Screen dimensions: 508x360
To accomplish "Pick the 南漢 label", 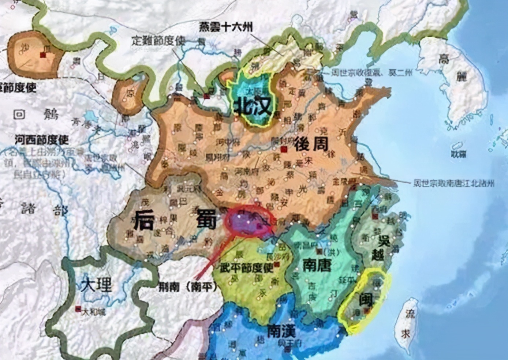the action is [281, 331].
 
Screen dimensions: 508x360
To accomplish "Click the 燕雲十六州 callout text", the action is [226, 27].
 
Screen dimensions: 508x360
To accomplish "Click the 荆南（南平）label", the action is [188, 287].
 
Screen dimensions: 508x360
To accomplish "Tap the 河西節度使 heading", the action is [42, 140].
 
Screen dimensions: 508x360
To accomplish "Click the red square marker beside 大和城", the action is [78, 309].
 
